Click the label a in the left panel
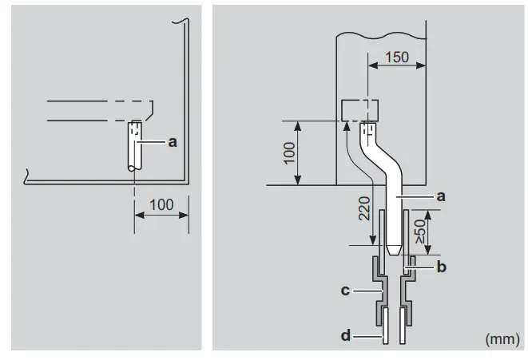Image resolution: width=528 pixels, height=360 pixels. click(171, 142)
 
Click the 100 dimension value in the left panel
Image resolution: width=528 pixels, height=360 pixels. click(161, 204)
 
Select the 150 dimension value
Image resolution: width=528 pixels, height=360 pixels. click(396, 57)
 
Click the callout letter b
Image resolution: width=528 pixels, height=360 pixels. click(441, 267)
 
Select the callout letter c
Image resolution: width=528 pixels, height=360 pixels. click(345, 291)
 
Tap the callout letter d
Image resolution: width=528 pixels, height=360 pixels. click(345, 336)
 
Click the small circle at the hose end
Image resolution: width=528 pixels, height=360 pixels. click(134, 167)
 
